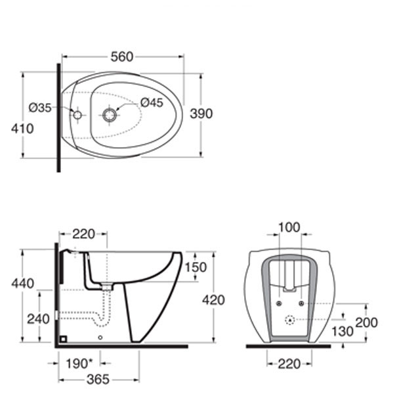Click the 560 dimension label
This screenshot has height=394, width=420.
tap(122, 57)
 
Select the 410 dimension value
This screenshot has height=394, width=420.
tap(22, 129)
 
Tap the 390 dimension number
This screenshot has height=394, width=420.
tap(201, 114)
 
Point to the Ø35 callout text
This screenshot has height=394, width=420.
tap(40, 108)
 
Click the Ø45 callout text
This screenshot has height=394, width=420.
tap(152, 102)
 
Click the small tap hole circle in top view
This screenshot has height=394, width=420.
tap(77, 115)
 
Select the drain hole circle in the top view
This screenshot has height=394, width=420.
tap(110, 115)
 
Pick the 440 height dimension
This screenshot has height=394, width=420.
tap(23, 283)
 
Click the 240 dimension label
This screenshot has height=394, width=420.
tap(38, 319)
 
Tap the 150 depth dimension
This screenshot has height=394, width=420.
tap(196, 267)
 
